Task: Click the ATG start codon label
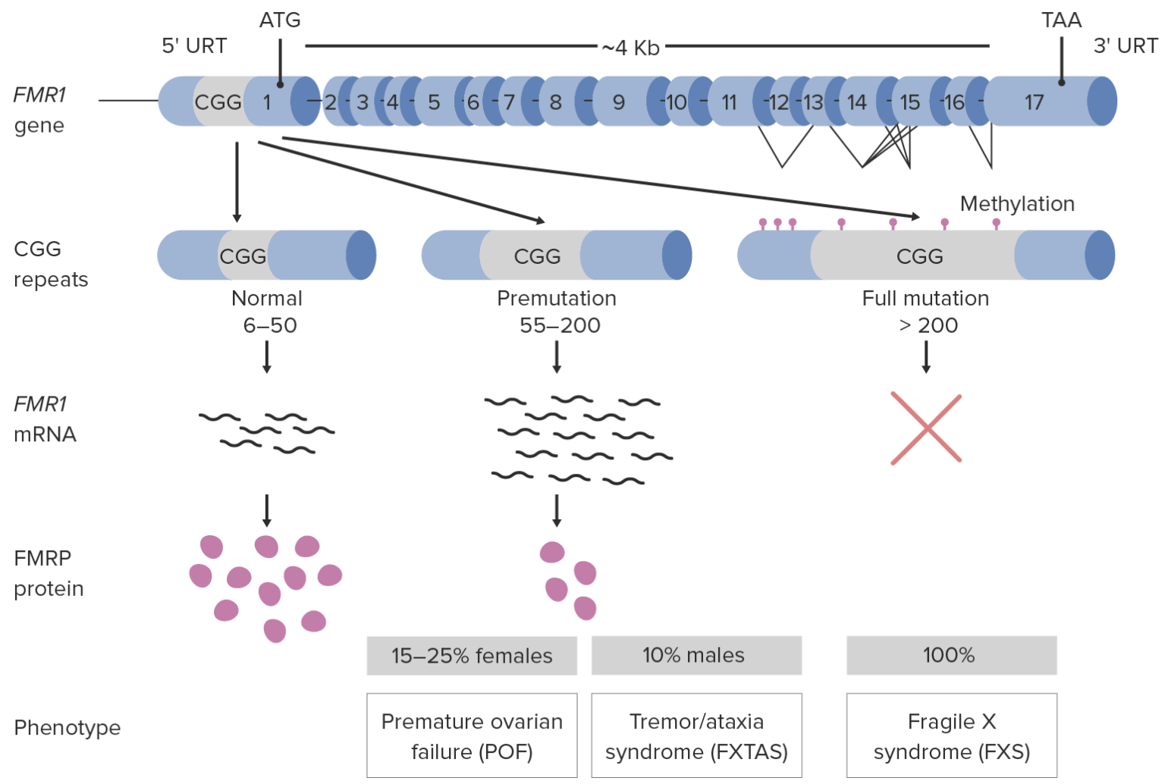click(x=280, y=20)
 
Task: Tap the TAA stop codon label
click(x=1062, y=20)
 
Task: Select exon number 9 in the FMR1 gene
click(x=619, y=102)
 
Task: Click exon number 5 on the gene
click(x=435, y=102)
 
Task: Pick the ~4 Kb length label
click(x=630, y=48)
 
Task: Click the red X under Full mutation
click(x=926, y=428)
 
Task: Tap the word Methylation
click(x=1017, y=204)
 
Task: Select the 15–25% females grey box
click(x=472, y=656)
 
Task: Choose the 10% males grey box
click(x=696, y=655)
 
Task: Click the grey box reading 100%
click(x=952, y=655)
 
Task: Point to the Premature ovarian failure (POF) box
click(x=472, y=735)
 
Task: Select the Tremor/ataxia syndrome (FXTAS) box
click(x=696, y=735)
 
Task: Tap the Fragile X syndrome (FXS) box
click(x=952, y=735)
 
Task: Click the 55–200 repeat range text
click(x=561, y=325)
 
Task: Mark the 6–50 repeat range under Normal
click(x=270, y=325)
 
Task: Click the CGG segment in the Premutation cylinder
click(x=537, y=256)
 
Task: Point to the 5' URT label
click(x=194, y=45)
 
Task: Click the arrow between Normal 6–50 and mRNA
click(x=267, y=356)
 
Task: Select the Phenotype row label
click(x=67, y=728)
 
